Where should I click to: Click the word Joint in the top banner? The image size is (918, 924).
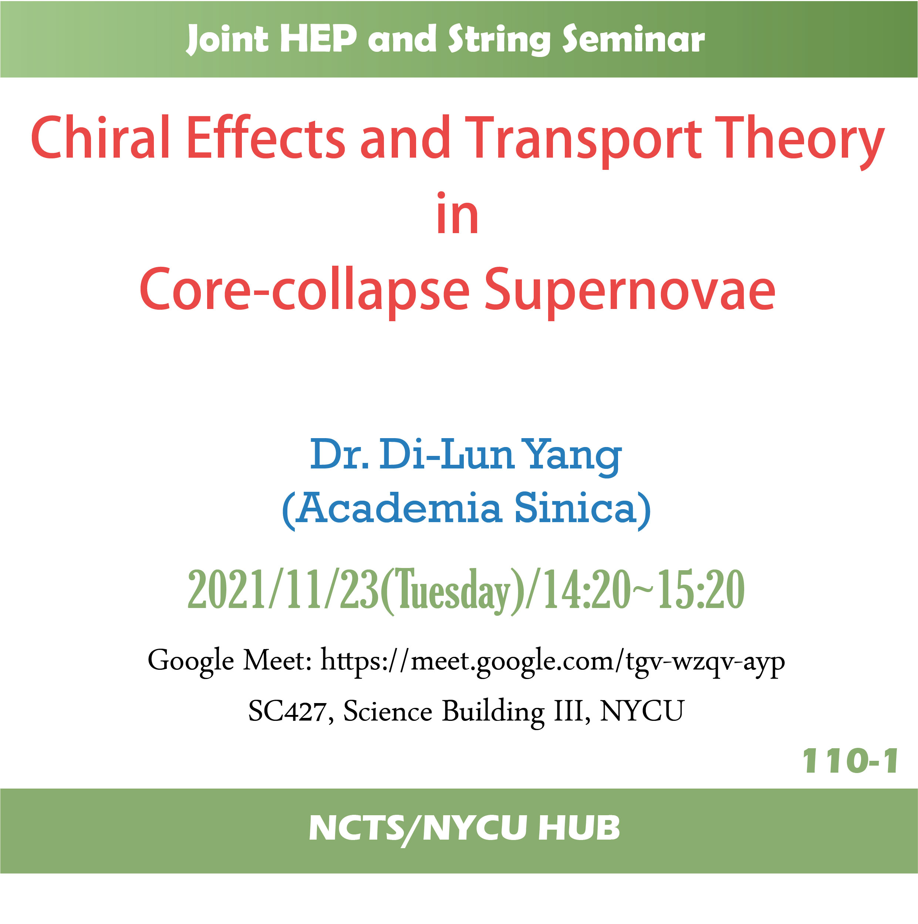point(227,39)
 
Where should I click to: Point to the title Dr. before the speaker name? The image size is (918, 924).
point(339,454)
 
